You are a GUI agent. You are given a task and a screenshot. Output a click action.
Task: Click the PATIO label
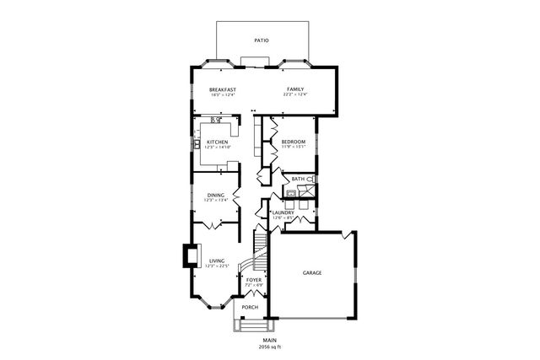(x=262, y=40)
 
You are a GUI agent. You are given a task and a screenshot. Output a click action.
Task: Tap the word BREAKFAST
(x=223, y=89)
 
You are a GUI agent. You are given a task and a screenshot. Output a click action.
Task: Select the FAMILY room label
(x=295, y=89)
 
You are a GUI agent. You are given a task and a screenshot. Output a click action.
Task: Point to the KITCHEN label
(x=217, y=142)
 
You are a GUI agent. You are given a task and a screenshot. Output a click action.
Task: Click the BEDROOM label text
(x=293, y=142)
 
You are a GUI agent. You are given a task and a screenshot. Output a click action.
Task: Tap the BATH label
(x=298, y=179)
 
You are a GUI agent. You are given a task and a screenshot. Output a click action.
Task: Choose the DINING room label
(x=216, y=195)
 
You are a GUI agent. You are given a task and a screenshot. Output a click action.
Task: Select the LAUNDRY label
(x=282, y=212)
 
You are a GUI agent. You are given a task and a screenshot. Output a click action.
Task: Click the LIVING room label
(x=217, y=261)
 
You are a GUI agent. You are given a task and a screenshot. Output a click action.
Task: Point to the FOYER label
(x=253, y=279)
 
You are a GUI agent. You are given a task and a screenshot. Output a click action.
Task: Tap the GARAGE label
(x=312, y=272)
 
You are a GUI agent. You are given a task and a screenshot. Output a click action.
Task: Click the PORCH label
(x=250, y=307)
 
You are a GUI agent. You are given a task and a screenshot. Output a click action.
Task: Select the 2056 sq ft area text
(x=269, y=347)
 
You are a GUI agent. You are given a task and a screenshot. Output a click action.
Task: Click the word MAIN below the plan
(x=269, y=340)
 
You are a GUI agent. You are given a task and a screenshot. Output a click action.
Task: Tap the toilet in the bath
(x=311, y=180)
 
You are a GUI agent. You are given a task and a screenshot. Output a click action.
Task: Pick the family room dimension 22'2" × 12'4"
(x=295, y=94)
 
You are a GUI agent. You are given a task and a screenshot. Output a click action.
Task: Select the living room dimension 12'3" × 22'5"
(x=217, y=266)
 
